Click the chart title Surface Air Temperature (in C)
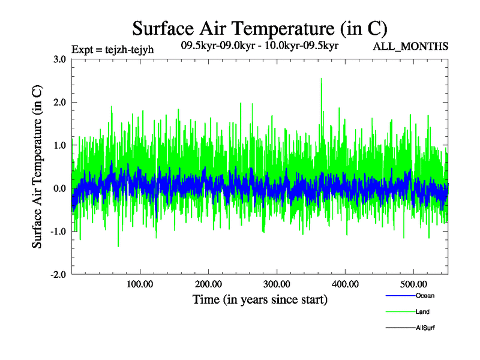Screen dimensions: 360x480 (x=259, y=28)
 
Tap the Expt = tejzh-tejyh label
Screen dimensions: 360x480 (x=112, y=49)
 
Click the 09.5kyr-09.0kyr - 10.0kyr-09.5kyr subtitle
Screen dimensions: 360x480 (x=260, y=46)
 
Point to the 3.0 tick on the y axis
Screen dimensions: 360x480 (x=59, y=59)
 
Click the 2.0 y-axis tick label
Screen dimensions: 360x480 (x=59, y=103)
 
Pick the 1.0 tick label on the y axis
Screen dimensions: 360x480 (x=59, y=145)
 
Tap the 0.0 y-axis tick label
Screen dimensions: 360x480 (x=59, y=188)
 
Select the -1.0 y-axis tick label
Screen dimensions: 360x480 (x=58, y=232)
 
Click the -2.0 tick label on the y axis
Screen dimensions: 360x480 (x=58, y=275)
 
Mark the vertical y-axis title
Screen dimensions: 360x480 (x=37, y=167)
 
